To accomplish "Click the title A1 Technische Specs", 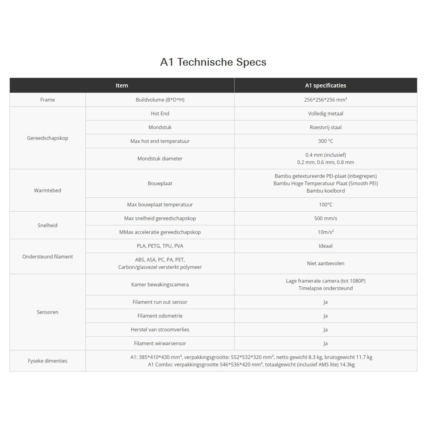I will tap(213, 62).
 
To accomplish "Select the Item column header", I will tap(122, 85).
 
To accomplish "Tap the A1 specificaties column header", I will tap(325, 85).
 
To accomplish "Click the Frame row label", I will tap(48, 100).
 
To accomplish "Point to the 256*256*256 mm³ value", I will tap(325, 100).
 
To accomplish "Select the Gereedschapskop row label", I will tap(48, 138).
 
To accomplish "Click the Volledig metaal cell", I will tap(325, 113).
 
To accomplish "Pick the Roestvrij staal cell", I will tap(325, 127).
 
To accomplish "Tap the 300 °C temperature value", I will tap(325, 141).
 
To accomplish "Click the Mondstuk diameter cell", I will tap(160, 158).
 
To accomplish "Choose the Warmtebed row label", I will tap(48, 191).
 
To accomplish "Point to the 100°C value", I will tap(325, 204).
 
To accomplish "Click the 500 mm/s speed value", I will tap(325, 218).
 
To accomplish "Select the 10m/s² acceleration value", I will tap(325, 232).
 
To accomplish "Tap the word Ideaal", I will tap(325, 246).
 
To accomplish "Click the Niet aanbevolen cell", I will tap(325, 263).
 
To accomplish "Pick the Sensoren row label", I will tap(48, 312).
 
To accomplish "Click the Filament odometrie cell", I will tap(160, 316).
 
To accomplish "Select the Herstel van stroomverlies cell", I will tap(160, 330).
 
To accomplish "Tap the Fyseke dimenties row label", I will tap(48, 361).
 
